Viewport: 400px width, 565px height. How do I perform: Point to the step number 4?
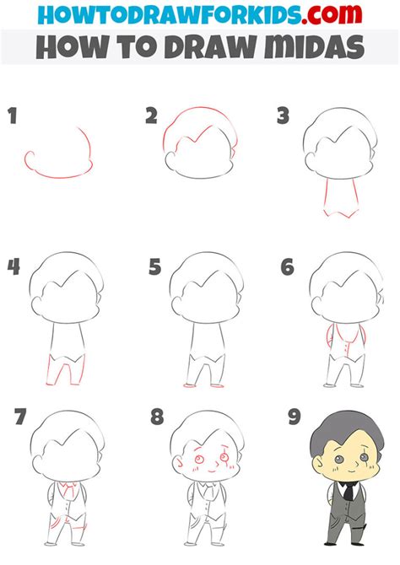click(x=14, y=267)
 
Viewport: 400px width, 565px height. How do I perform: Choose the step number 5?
click(x=154, y=267)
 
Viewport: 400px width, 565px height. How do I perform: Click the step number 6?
click(x=288, y=267)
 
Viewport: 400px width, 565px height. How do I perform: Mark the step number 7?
click(x=21, y=417)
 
